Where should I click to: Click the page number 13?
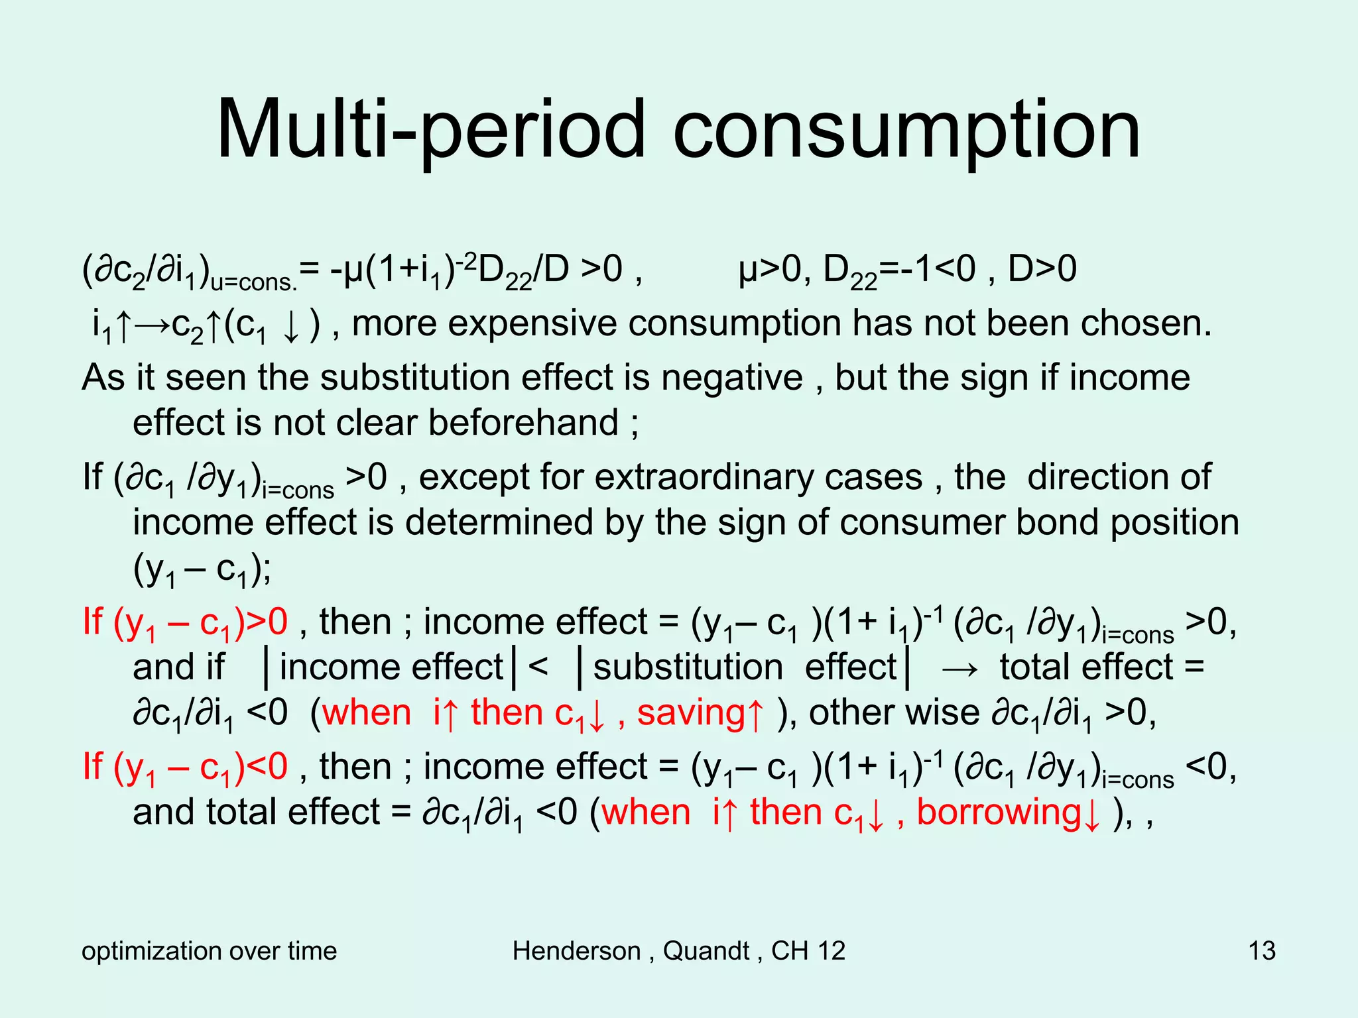point(1262,951)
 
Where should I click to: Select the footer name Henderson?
point(576,951)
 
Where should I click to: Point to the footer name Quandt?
point(706,951)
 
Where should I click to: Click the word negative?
point(731,378)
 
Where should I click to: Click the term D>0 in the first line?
point(1042,270)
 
